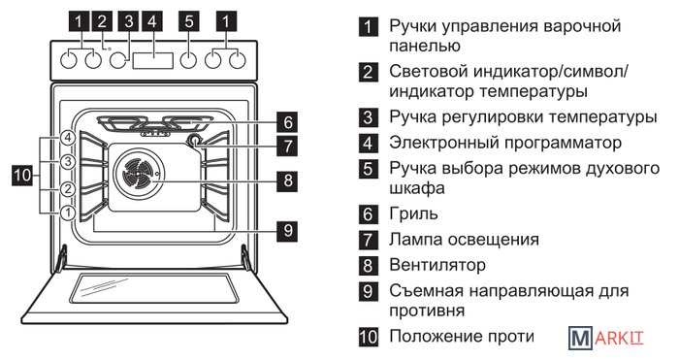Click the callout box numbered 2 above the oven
(102, 20)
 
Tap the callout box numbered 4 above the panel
(152, 20)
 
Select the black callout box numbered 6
(288, 121)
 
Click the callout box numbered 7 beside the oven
(288, 146)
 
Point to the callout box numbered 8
(288, 180)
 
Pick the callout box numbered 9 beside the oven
(288, 230)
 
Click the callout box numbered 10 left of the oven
(22, 175)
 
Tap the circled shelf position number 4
(68, 138)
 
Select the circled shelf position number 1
(68, 213)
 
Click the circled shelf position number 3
(68, 162)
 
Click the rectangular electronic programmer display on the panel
(153, 61)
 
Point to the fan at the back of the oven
(138, 174)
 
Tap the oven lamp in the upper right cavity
(195, 140)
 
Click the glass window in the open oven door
(153, 288)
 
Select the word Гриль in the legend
(413, 213)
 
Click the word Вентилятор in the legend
(437, 265)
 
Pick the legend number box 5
(368, 169)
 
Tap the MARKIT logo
(606, 338)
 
